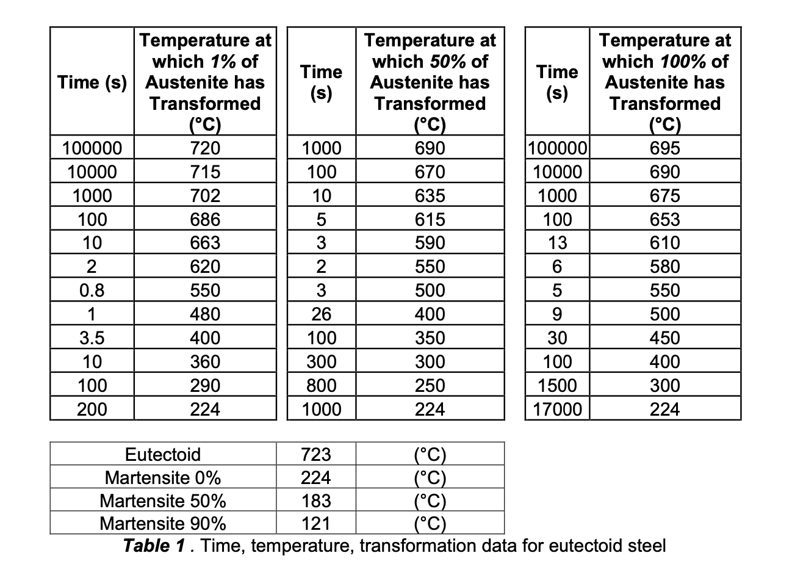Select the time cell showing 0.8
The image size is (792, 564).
tap(92, 290)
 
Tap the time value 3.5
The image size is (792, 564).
tap(92, 338)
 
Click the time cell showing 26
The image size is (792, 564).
tap(322, 314)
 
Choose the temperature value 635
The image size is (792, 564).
tap(430, 196)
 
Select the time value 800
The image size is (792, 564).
tap(322, 385)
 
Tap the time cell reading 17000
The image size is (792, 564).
tap(557, 409)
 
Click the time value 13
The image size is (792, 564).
tap(557, 243)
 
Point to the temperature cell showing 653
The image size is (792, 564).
tap(664, 219)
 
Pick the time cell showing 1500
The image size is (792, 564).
tap(557, 385)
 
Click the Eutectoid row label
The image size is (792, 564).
tap(162, 454)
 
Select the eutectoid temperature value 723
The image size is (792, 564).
tap(316, 454)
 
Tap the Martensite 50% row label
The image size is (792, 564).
tap(162, 501)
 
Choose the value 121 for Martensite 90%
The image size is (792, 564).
tap(316, 523)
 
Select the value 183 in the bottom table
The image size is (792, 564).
tap(316, 501)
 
